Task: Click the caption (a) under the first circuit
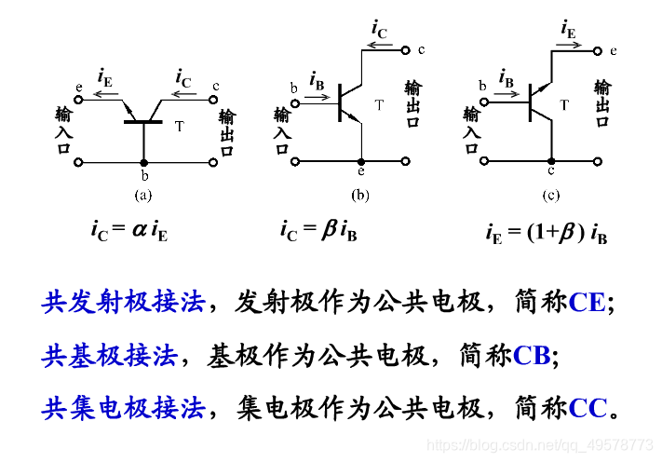click(x=142, y=195)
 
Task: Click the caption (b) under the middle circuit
click(x=359, y=195)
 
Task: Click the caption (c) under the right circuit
click(x=550, y=195)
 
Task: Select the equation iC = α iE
click(x=129, y=228)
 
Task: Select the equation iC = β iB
click(x=318, y=228)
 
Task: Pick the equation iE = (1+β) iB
click(x=546, y=233)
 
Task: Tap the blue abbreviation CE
click(x=587, y=302)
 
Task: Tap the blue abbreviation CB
click(x=532, y=355)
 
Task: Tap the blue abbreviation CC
click(x=588, y=408)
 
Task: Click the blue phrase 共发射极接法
click(x=123, y=302)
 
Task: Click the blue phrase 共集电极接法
click(x=123, y=408)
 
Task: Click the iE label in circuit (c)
click(x=568, y=29)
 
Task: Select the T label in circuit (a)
click(x=179, y=124)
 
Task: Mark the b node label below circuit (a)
click(x=143, y=175)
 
